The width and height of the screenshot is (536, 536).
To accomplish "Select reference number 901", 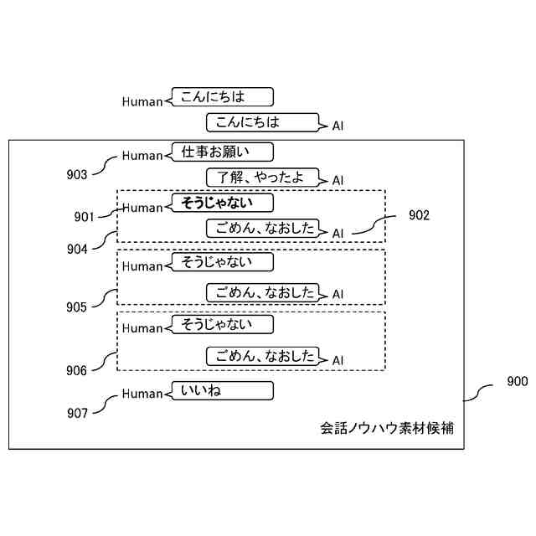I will pyautogui.click(x=83, y=217).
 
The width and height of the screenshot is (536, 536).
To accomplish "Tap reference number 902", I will pyautogui.click(x=419, y=215).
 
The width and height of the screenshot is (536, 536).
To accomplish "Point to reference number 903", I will pyautogui.click(x=77, y=174).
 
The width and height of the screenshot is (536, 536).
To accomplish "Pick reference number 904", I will pyautogui.click(x=77, y=249).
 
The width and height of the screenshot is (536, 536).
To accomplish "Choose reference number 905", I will pyautogui.click(x=77, y=307).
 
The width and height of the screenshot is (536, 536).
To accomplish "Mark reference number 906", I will pyautogui.click(x=77, y=370).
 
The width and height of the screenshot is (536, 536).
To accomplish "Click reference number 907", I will pyautogui.click(x=77, y=412).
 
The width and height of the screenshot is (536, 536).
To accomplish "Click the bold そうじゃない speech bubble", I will pyautogui.click(x=223, y=203).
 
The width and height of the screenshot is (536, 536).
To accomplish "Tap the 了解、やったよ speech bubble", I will pyautogui.click(x=262, y=178).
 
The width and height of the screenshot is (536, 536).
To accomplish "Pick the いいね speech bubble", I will pyautogui.click(x=223, y=391).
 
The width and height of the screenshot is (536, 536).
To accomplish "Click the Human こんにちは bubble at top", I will pyautogui.click(x=221, y=97).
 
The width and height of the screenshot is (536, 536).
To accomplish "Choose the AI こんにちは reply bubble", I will pyautogui.click(x=262, y=122).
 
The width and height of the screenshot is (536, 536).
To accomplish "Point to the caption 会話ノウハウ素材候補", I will pyautogui.click(x=387, y=428).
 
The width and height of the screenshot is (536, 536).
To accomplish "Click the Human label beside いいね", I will pyautogui.click(x=142, y=394).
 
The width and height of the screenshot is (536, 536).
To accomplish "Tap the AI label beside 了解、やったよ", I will pyautogui.click(x=338, y=180).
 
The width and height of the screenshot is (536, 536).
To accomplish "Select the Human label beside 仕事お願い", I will pyautogui.click(x=142, y=155).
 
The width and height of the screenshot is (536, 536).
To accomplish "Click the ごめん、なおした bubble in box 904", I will pyautogui.click(x=263, y=228).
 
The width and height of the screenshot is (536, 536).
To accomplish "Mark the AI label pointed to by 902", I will pyautogui.click(x=338, y=233).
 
